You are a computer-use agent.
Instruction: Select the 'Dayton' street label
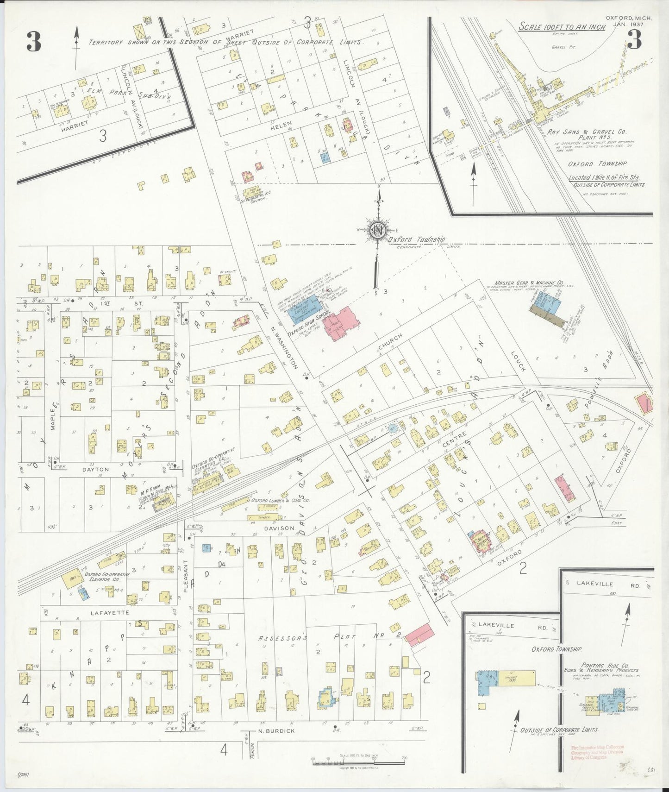(x=95, y=469)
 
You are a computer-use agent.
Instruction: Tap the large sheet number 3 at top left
(x=33, y=43)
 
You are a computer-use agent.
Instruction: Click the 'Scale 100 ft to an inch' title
(x=562, y=27)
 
